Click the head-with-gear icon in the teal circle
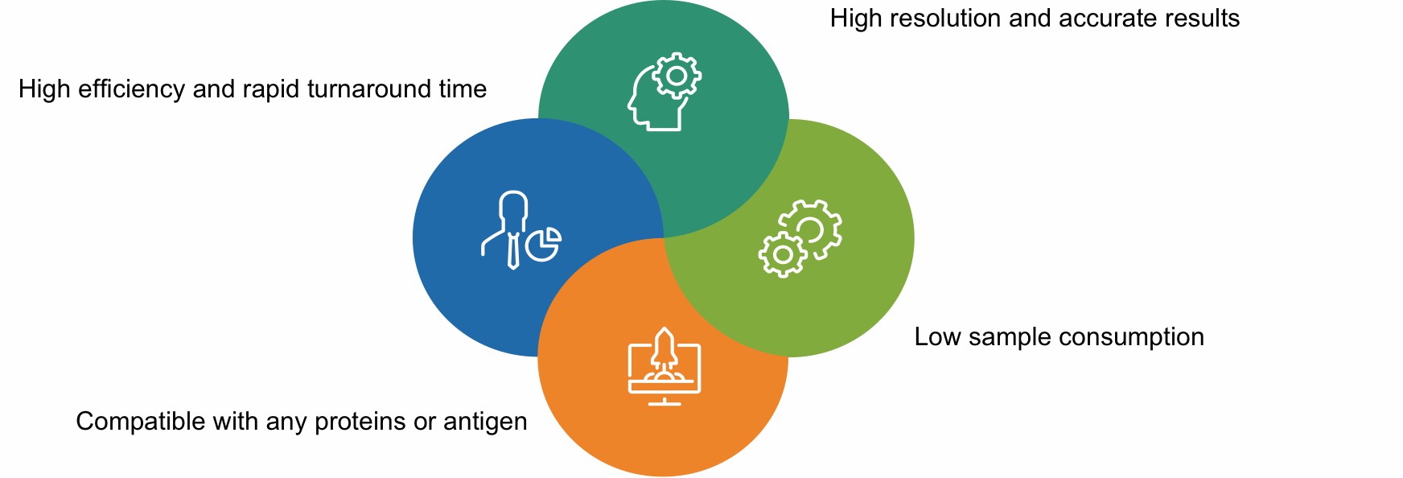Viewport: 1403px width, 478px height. [664, 92]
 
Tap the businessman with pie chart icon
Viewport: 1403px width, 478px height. [520, 230]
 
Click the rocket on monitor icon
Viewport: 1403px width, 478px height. [664, 366]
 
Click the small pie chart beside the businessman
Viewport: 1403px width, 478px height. [544, 245]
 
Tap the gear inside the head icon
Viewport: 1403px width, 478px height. [677, 76]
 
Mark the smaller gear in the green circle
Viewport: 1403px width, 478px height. [782, 255]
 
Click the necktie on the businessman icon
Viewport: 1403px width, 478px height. [513, 249]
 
